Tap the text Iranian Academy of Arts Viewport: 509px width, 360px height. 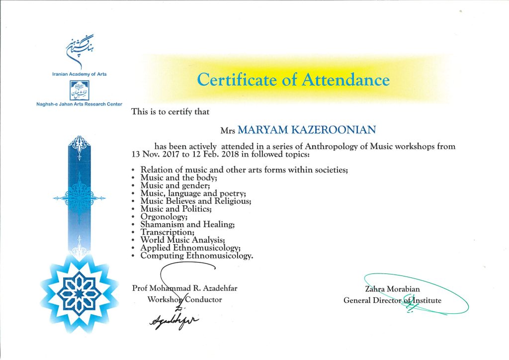[x=80, y=74]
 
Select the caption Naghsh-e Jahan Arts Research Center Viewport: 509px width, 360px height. [x=80, y=104]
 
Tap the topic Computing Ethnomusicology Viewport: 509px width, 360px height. [x=197, y=256]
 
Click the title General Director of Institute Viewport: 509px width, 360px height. [x=392, y=300]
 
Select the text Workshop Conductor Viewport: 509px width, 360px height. [x=184, y=299]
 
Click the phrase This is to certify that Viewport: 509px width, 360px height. [x=170, y=112]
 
